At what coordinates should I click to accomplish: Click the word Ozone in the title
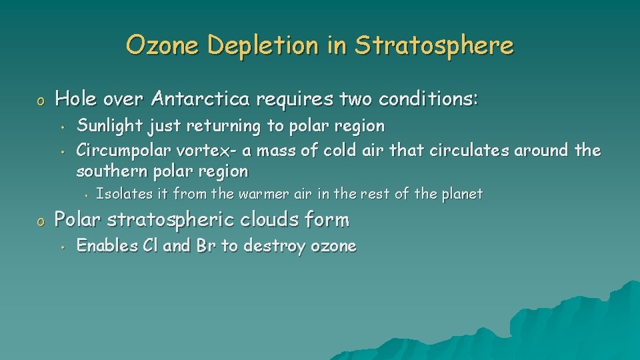(162, 45)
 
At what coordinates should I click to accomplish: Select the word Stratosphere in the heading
(434, 45)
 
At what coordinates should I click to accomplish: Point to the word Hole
(75, 99)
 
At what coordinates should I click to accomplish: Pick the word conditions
(428, 99)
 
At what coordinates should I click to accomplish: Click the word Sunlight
(110, 126)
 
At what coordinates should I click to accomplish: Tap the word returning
(223, 126)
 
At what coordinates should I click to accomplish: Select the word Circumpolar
(123, 151)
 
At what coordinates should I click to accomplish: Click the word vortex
(203, 151)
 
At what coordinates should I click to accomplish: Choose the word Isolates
(124, 193)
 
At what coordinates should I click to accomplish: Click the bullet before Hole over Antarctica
(41, 101)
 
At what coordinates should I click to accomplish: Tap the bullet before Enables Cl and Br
(63, 247)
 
